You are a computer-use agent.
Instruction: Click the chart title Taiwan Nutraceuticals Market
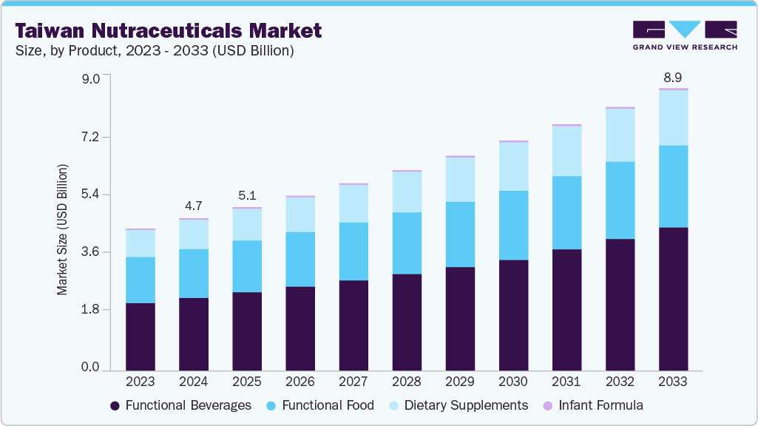click(x=169, y=30)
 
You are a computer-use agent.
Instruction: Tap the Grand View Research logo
click(x=685, y=35)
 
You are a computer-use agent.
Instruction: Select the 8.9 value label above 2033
click(x=673, y=76)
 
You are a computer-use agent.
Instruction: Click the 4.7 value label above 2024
click(x=194, y=206)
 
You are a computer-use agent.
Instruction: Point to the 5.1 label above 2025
click(x=247, y=196)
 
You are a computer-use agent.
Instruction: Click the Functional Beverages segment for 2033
click(x=673, y=299)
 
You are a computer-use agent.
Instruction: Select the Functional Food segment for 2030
click(x=513, y=226)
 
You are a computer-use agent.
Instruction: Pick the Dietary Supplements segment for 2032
click(x=620, y=135)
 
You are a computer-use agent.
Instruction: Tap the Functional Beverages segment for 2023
click(x=141, y=337)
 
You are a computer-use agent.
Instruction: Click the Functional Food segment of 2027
click(x=353, y=251)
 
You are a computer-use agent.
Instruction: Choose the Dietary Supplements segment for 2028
click(x=407, y=192)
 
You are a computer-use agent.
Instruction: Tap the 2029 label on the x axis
click(x=460, y=382)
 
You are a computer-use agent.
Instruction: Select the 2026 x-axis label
click(x=300, y=382)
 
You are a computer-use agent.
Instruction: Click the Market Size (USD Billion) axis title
click(x=62, y=229)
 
